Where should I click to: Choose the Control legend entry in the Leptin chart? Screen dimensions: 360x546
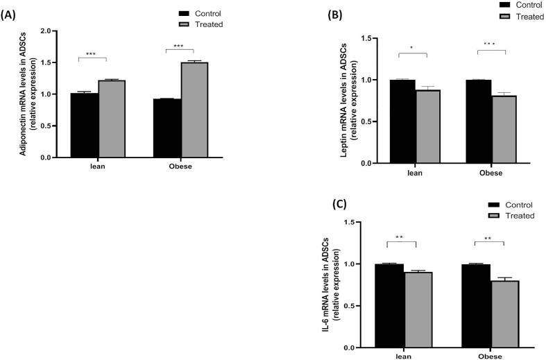(516, 5)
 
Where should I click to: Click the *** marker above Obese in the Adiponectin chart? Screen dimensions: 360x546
(180, 46)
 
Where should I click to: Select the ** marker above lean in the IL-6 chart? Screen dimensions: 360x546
(400, 238)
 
